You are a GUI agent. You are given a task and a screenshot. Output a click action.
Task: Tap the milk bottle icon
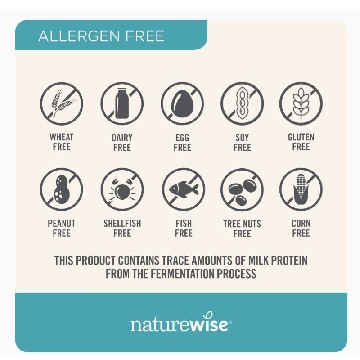(122, 103)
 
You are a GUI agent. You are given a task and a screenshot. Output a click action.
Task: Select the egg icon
(182, 103)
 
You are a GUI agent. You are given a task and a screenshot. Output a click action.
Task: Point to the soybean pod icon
(242, 103)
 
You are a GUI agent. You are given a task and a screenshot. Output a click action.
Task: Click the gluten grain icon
(301, 103)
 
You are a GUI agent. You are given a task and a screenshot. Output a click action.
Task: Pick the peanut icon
(62, 189)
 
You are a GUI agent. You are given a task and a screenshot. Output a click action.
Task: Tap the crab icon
(122, 189)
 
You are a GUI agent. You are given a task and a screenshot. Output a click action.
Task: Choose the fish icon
(184, 189)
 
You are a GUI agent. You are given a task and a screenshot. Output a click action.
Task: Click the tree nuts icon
(242, 192)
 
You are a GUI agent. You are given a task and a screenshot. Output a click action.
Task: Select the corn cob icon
(301, 189)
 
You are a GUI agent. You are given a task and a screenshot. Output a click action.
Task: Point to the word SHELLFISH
(122, 223)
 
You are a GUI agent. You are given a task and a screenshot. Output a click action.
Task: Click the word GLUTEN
(301, 137)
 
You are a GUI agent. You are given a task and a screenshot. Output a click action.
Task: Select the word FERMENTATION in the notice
(182, 274)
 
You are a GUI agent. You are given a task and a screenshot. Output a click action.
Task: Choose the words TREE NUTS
(242, 224)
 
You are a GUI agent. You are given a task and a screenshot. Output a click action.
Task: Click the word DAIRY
(122, 138)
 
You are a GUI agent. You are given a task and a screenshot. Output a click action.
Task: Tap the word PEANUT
(62, 223)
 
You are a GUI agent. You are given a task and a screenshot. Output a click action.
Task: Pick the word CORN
(301, 223)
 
